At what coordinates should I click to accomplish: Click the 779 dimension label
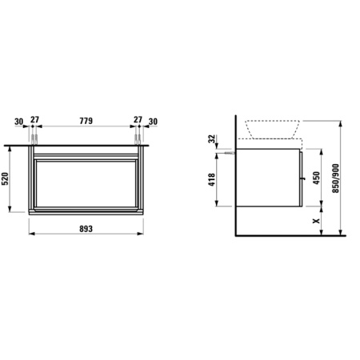(x=86, y=122)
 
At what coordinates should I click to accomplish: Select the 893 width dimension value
(x=86, y=228)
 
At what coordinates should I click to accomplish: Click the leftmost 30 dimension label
(x=19, y=122)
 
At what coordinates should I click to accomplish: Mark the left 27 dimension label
(x=34, y=122)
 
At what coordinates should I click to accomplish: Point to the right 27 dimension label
(x=137, y=122)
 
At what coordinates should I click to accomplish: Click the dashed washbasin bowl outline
(x=273, y=128)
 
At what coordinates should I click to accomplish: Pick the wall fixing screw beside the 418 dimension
(x=230, y=150)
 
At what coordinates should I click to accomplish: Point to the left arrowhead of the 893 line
(x=31, y=237)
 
